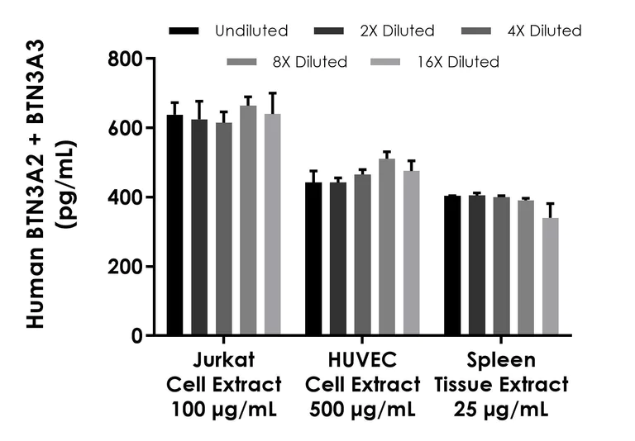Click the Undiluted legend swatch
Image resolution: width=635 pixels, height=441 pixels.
pyautogui.click(x=184, y=31)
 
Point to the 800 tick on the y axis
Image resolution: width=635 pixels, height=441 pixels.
pyautogui.click(x=142, y=59)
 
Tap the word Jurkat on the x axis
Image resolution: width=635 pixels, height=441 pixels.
pyautogui.click(x=224, y=361)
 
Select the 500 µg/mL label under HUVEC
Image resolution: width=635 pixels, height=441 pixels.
pyautogui.click(x=363, y=408)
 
